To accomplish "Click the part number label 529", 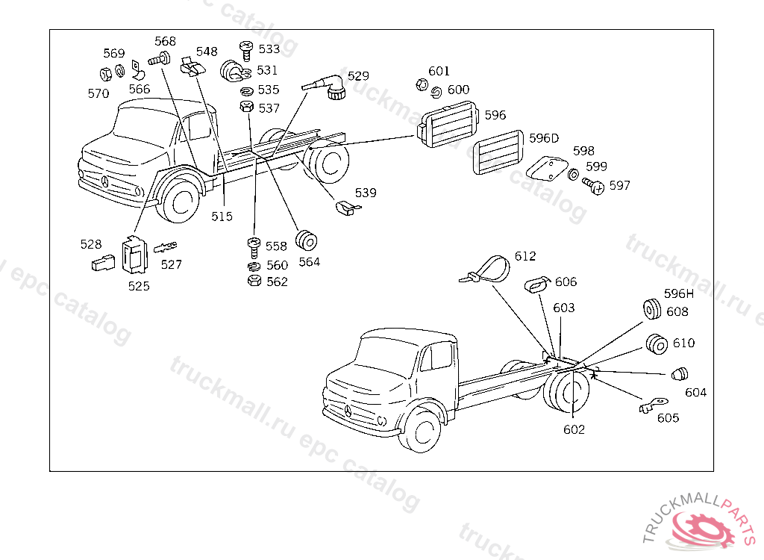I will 358,76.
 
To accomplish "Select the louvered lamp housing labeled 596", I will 447,125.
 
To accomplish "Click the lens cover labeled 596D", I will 498,152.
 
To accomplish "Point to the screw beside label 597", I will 592,184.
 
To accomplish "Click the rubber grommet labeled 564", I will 308,240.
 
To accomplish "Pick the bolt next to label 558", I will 253,243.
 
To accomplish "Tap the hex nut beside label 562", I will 253,281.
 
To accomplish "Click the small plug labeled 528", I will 101,262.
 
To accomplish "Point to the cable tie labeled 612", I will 489,268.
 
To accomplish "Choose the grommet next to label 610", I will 657,344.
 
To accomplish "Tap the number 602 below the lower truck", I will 574,429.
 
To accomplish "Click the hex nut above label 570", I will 106,74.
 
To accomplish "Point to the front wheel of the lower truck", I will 424,431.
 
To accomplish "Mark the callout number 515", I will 222,217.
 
